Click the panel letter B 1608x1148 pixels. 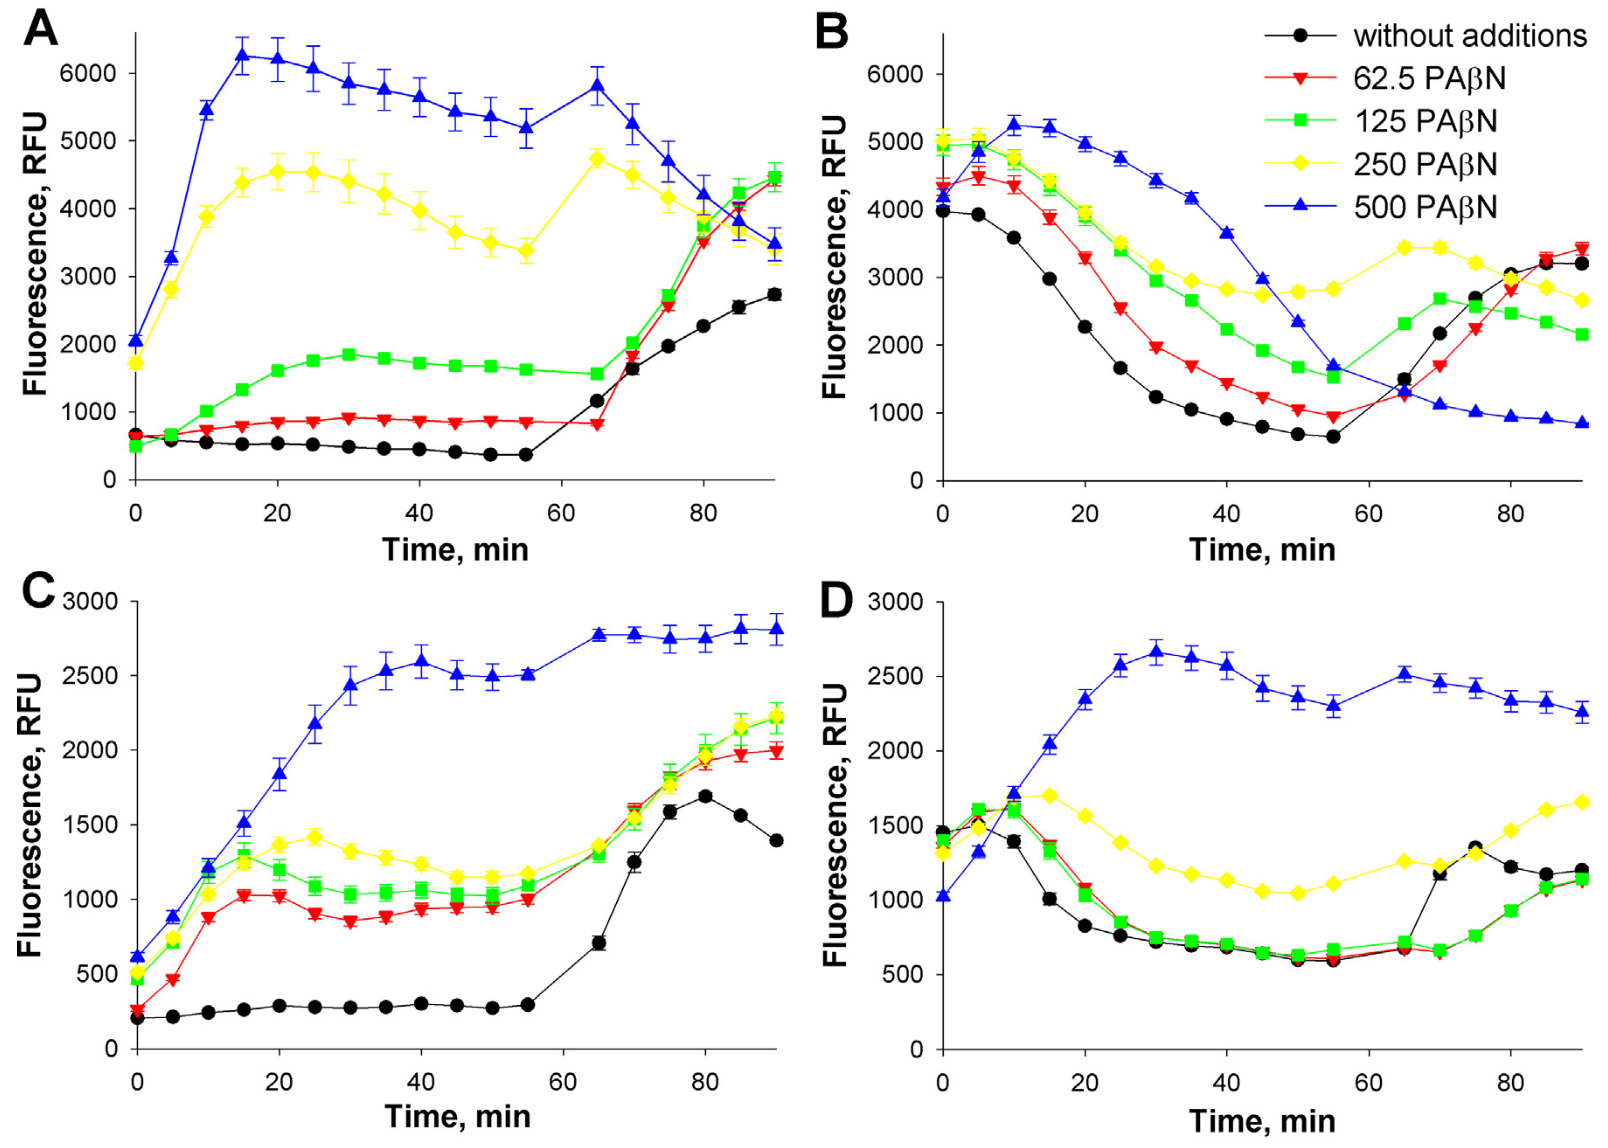pos(832,32)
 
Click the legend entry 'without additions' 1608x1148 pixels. pos(1469,35)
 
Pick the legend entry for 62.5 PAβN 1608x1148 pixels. pos(1428,79)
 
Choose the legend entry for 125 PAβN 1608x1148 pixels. pos(1425,121)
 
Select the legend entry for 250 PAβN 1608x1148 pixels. pos(1425,165)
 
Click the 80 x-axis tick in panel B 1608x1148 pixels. pos(1511,514)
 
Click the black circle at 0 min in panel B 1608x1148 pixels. pos(943,211)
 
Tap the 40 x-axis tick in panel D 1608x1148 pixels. pos(1227,1082)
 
